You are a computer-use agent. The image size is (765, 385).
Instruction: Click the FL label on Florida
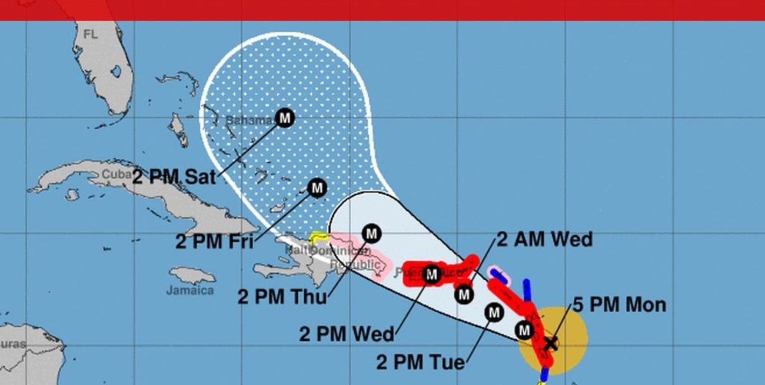click(x=90, y=35)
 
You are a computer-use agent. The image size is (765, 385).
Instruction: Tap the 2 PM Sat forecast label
click(x=174, y=177)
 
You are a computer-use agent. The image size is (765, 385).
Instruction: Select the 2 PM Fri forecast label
click(x=214, y=242)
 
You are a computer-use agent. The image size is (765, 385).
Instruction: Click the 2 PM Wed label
click(x=347, y=334)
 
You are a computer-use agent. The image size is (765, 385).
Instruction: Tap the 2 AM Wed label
click(x=544, y=239)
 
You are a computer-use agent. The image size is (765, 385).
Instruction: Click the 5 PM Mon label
click(x=620, y=305)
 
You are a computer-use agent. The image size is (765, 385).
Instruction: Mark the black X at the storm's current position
click(x=550, y=343)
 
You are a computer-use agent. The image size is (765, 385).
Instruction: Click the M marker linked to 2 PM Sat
click(x=285, y=118)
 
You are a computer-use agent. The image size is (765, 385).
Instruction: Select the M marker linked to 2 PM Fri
click(x=317, y=188)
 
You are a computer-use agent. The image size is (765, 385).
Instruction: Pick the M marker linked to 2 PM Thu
click(x=371, y=234)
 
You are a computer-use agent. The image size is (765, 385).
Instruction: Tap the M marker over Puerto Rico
click(x=431, y=274)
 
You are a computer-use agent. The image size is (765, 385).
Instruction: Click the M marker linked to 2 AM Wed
click(x=464, y=294)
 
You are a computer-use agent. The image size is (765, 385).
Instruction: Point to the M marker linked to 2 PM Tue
click(x=494, y=313)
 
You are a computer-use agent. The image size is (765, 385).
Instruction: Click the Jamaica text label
click(x=189, y=290)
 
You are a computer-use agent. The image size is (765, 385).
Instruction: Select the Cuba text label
click(x=114, y=175)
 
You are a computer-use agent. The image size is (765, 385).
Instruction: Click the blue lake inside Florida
click(x=116, y=71)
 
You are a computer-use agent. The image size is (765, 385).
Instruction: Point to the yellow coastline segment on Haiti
click(x=318, y=237)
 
